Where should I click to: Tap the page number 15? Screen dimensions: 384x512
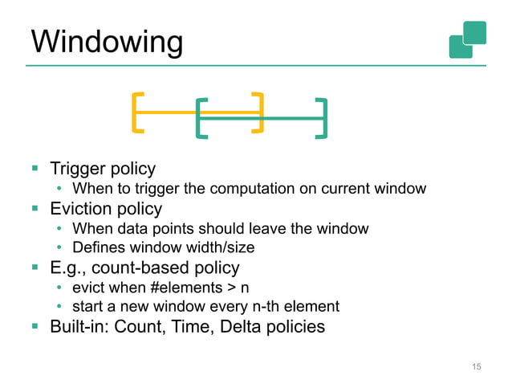[476, 366]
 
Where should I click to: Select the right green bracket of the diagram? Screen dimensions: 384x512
[323, 119]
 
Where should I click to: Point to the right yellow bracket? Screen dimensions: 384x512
[258, 112]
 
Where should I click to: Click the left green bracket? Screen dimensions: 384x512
[201, 119]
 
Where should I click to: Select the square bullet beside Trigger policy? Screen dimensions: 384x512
[35, 170]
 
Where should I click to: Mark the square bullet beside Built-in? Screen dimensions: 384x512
[35, 327]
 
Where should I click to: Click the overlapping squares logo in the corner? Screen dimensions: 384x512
[468, 39]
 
